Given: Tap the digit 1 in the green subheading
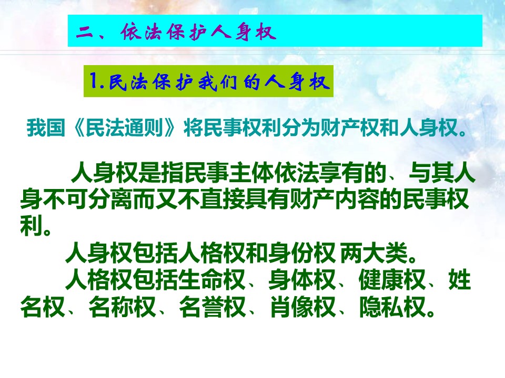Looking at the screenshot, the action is click(94, 80).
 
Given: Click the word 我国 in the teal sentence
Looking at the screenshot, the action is click(46, 128).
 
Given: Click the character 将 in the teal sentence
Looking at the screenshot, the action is click(193, 128).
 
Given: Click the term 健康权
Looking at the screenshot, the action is click(392, 280).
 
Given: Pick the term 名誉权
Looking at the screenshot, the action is click(212, 307).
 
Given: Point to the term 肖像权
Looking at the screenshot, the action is click(302, 307).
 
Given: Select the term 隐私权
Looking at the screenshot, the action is click(392, 307).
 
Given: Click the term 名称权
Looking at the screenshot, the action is click(122, 307).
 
